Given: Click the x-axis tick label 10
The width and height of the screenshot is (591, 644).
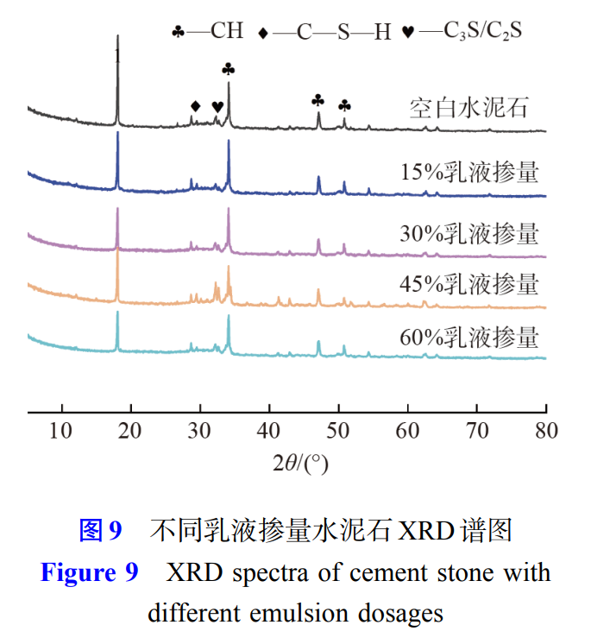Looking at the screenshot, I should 61,430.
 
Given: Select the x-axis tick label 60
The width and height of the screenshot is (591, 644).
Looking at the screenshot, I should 407,430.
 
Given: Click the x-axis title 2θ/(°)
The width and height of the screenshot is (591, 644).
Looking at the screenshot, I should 300,464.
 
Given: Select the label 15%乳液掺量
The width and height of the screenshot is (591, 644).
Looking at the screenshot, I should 469,172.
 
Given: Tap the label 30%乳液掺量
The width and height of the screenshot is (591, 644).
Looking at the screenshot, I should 469,233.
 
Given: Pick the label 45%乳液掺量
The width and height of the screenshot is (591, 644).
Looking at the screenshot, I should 469,283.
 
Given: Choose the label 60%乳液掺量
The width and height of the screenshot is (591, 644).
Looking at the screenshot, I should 469,336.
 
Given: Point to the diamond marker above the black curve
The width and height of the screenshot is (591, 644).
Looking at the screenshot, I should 195,106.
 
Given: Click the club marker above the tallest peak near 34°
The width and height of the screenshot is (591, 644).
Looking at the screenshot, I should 228,69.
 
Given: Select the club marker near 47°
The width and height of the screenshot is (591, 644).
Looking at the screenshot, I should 318,101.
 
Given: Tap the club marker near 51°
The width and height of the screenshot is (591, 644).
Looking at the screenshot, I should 344,105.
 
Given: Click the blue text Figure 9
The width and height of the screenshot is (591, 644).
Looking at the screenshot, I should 89,572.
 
